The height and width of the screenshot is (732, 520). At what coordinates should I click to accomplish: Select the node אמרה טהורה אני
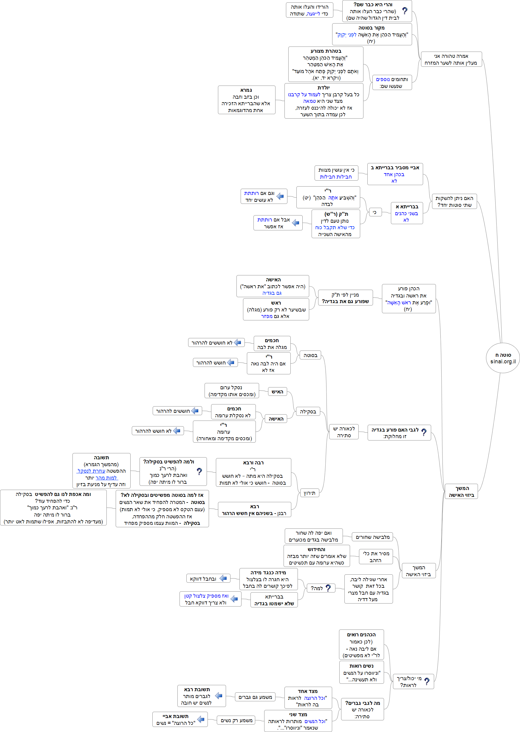click(451, 59)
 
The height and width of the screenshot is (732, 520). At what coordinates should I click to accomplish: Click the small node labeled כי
click(375, 212)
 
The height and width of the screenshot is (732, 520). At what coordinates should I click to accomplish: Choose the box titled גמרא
click(246, 100)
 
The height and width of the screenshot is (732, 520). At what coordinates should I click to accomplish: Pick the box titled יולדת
click(324, 101)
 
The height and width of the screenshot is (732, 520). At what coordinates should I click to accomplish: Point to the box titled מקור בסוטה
click(372, 34)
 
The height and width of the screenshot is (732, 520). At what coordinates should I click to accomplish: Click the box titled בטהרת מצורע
click(326, 64)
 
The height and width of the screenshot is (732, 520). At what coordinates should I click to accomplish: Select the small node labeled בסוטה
click(310, 355)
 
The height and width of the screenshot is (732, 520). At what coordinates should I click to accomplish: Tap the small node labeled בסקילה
click(308, 412)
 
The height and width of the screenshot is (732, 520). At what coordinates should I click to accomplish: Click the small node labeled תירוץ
click(309, 493)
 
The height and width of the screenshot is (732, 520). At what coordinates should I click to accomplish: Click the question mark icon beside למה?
click(328, 588)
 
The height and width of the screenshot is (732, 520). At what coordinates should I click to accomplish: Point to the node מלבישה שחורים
click(372, 537)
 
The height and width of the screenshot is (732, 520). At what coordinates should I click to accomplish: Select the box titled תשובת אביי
click(180, 719)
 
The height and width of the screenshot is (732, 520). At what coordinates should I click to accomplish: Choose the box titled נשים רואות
click(361, 672)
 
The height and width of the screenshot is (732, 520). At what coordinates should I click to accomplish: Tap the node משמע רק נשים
click(236, 720)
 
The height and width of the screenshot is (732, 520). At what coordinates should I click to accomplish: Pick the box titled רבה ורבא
click(253, 472)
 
